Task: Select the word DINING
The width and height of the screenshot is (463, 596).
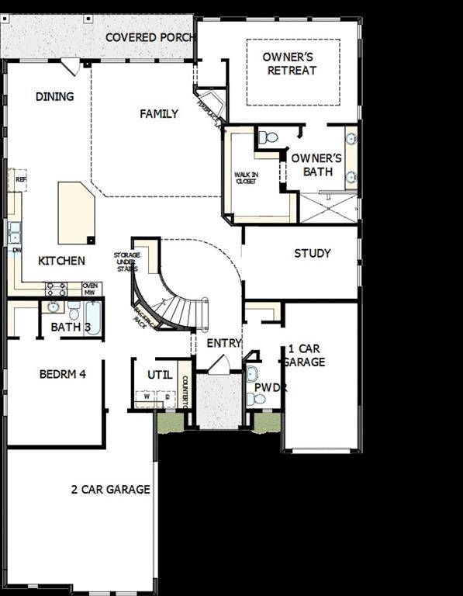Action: tap(55, 97)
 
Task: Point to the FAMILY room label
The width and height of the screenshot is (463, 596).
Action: tap(159, 114)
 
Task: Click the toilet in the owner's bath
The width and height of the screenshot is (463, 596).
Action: tap(268, 137)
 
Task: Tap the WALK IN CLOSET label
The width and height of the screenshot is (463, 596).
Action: tap(247, 178)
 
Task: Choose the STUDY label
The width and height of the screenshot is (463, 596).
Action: tap(313, 253)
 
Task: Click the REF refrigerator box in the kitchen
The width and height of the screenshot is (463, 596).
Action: tap(19, 179)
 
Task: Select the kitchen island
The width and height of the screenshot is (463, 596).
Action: tap(76, 213)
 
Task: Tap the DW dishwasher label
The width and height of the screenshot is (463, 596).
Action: tap(16, 250)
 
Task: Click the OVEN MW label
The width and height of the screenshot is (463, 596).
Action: tap(91, 289)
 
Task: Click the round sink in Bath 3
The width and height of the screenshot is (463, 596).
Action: tap(54, 307)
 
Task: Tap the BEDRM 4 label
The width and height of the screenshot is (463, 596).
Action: tap(62, 374)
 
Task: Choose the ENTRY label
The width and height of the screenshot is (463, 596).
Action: tap(224, 343)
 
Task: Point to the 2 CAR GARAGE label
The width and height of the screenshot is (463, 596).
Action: tap(111, 490)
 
